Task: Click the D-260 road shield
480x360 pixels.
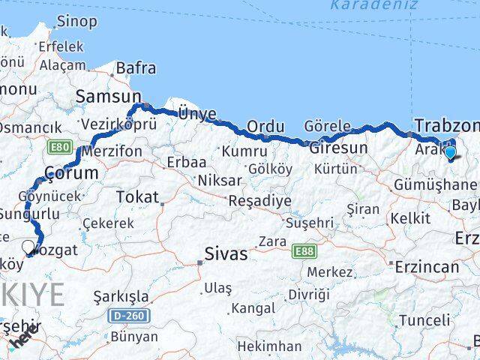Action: (130, 316)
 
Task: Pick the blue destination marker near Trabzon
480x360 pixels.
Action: (450, 153)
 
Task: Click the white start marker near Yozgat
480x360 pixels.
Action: (28, 247)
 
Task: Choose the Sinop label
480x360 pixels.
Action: (76, 22)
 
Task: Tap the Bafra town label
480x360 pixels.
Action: (136, 68)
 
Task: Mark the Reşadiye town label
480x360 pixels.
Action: (259, 201)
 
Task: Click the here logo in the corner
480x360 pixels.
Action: (22, 340)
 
